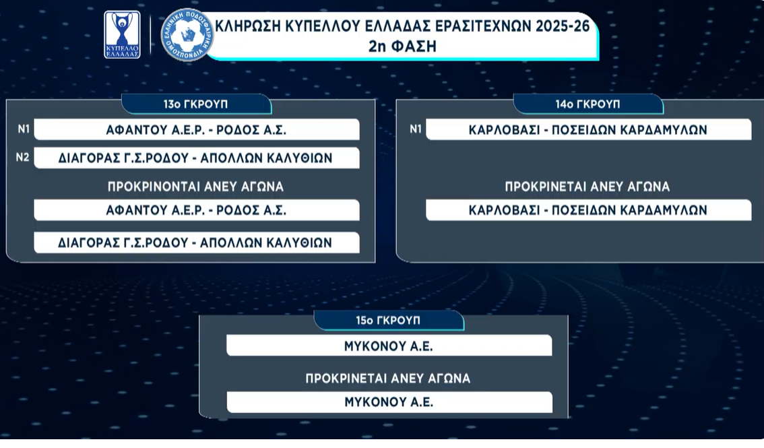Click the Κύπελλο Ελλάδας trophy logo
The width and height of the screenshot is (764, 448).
pos(122,34)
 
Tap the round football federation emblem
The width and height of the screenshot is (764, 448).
pos(187,35)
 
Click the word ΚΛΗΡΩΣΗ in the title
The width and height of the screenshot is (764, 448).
pos(247,26)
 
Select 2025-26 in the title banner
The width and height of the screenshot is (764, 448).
pos(563,26)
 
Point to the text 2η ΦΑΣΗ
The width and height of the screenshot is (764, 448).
pos(402,46)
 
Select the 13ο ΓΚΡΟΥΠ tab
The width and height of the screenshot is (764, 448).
pos(196,104)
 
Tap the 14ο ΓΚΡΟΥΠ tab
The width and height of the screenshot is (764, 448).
pos(588,104)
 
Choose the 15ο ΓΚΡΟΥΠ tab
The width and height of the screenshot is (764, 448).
pos(388,321)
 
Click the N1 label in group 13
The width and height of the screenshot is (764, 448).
pos(24,129)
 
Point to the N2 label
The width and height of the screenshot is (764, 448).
pos(22,157)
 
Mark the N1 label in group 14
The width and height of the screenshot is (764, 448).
pos(415,129)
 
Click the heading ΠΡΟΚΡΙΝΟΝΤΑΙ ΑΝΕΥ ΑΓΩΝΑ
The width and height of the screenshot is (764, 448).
pos(195,187)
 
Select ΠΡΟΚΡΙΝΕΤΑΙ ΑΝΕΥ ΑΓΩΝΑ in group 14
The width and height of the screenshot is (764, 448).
pos(587,187)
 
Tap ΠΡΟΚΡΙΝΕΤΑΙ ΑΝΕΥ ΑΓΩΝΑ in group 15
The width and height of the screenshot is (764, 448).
pos(388,379)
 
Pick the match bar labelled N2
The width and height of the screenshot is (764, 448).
pos(197,158)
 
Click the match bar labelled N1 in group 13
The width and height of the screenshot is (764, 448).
pos(197,129)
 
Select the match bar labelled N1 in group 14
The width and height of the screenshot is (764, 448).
pos(589,129)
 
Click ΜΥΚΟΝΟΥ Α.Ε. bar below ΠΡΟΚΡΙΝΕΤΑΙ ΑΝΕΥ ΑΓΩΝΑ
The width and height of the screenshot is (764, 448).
pos(390,402)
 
